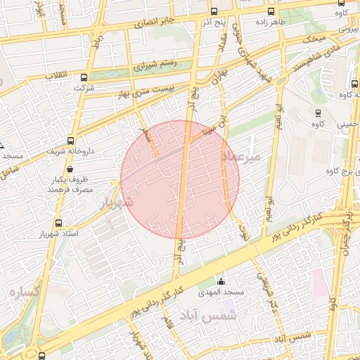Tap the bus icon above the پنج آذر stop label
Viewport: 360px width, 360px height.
(214, 11)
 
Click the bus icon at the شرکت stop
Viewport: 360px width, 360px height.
(84, 77)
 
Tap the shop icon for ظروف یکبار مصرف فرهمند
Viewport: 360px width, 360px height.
(70, 169)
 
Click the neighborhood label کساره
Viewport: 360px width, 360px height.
(24, 289)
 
